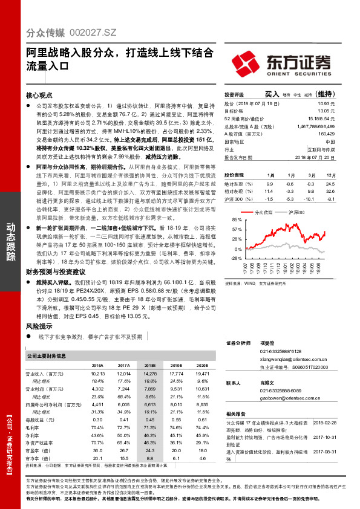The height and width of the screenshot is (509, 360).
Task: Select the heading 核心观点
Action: coord(39,96)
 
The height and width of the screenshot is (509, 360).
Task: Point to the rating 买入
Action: coord(272,94)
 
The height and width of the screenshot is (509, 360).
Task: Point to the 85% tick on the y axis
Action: coord(237,220)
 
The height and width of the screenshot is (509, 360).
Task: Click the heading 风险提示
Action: coord(39,325)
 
